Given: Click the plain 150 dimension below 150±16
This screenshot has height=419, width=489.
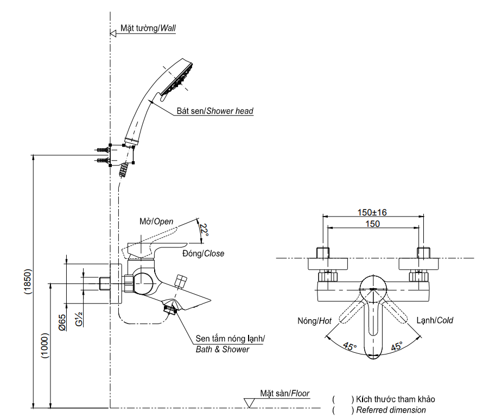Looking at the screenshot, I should (372, 224).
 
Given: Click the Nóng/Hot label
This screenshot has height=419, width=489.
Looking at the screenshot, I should (314, 321).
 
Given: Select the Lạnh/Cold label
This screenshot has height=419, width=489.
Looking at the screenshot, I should (434, 320).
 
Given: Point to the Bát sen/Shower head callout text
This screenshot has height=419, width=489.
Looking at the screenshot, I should (214, 111).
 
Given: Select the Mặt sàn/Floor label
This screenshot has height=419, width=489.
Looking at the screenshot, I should (284, 393).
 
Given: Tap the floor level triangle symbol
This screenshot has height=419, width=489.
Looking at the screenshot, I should (250, 403).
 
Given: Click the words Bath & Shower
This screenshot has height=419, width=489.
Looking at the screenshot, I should (222, 350).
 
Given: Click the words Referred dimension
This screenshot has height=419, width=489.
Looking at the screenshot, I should (391, 410).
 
